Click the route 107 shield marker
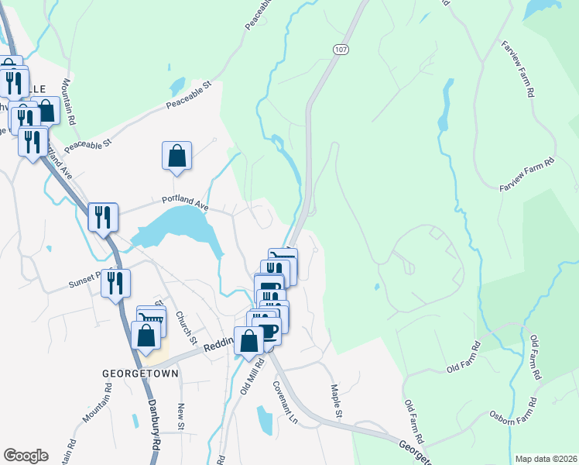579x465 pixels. pyautogui.click(x=341, y=49)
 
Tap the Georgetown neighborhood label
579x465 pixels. pyautogui.click(x=141, y=373)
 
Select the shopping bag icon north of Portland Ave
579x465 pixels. pyautogui.click(x=177, y=156)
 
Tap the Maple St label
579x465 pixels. pyautogui.click(x=336, y=401)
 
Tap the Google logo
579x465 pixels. pyautogui.click(x=26, y=455)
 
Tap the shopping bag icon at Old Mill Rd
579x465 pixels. pyautogui.click(x=248, y=341)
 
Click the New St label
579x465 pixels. pyautogui.click(x=180, y=416)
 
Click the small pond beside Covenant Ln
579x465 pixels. pyautogui.click(x=264, y=420)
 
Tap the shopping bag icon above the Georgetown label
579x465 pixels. pyautogui.click(x=146, y=336)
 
